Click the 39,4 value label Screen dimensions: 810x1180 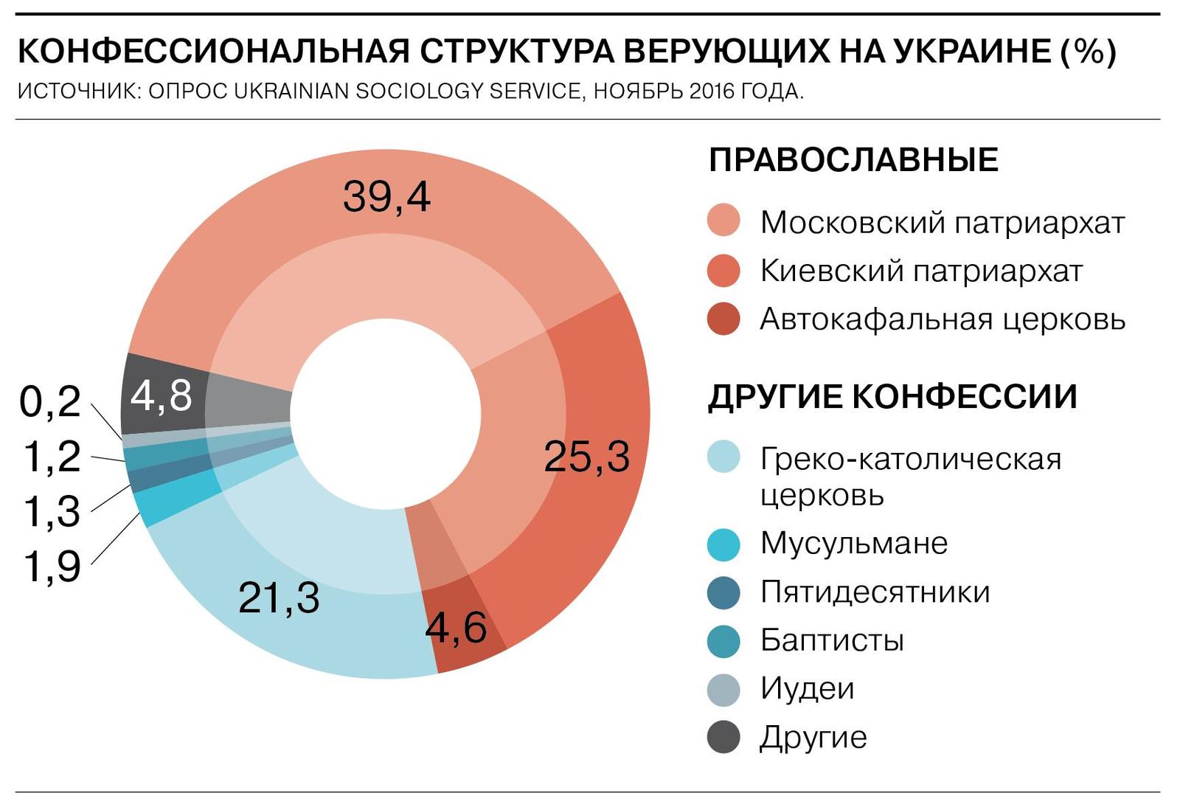386,197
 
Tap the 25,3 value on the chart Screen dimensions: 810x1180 586,457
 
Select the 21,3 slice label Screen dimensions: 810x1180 279,598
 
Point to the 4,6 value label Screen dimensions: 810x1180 457,628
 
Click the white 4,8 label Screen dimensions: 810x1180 162,395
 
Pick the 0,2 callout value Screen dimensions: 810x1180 50,402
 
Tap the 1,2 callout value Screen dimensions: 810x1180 52,457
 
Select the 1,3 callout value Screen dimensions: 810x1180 52,511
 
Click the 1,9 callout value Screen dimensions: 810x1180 52,567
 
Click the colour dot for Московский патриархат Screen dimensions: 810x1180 723,221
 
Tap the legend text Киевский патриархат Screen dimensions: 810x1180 921,271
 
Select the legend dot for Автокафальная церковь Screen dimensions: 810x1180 723,319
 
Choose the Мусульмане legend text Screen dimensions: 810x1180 854,543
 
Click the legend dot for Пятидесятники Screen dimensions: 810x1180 723,592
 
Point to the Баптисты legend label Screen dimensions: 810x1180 832,640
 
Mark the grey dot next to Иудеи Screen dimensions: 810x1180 723,689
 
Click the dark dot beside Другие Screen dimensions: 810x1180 723,737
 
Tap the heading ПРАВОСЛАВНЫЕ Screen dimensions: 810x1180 853,160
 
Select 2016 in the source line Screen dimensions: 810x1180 712,91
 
